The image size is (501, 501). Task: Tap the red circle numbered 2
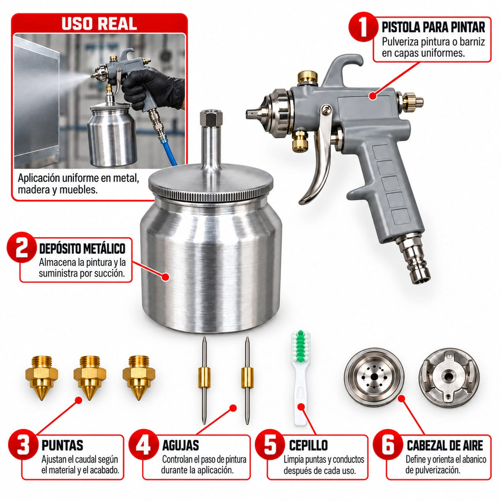[22, 248]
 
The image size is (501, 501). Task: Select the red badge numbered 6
[388, 444]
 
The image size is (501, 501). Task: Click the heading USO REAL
[99, 24]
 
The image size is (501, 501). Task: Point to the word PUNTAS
[62, 445]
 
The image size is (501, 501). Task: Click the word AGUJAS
[181, 445]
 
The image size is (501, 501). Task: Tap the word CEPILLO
[309, 445]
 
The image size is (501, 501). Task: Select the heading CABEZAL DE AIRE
[445, 445]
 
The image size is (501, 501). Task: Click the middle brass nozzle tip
[90, 377]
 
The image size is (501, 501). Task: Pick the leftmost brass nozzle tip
[42, 377]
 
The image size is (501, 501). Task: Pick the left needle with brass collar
[204, 380]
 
